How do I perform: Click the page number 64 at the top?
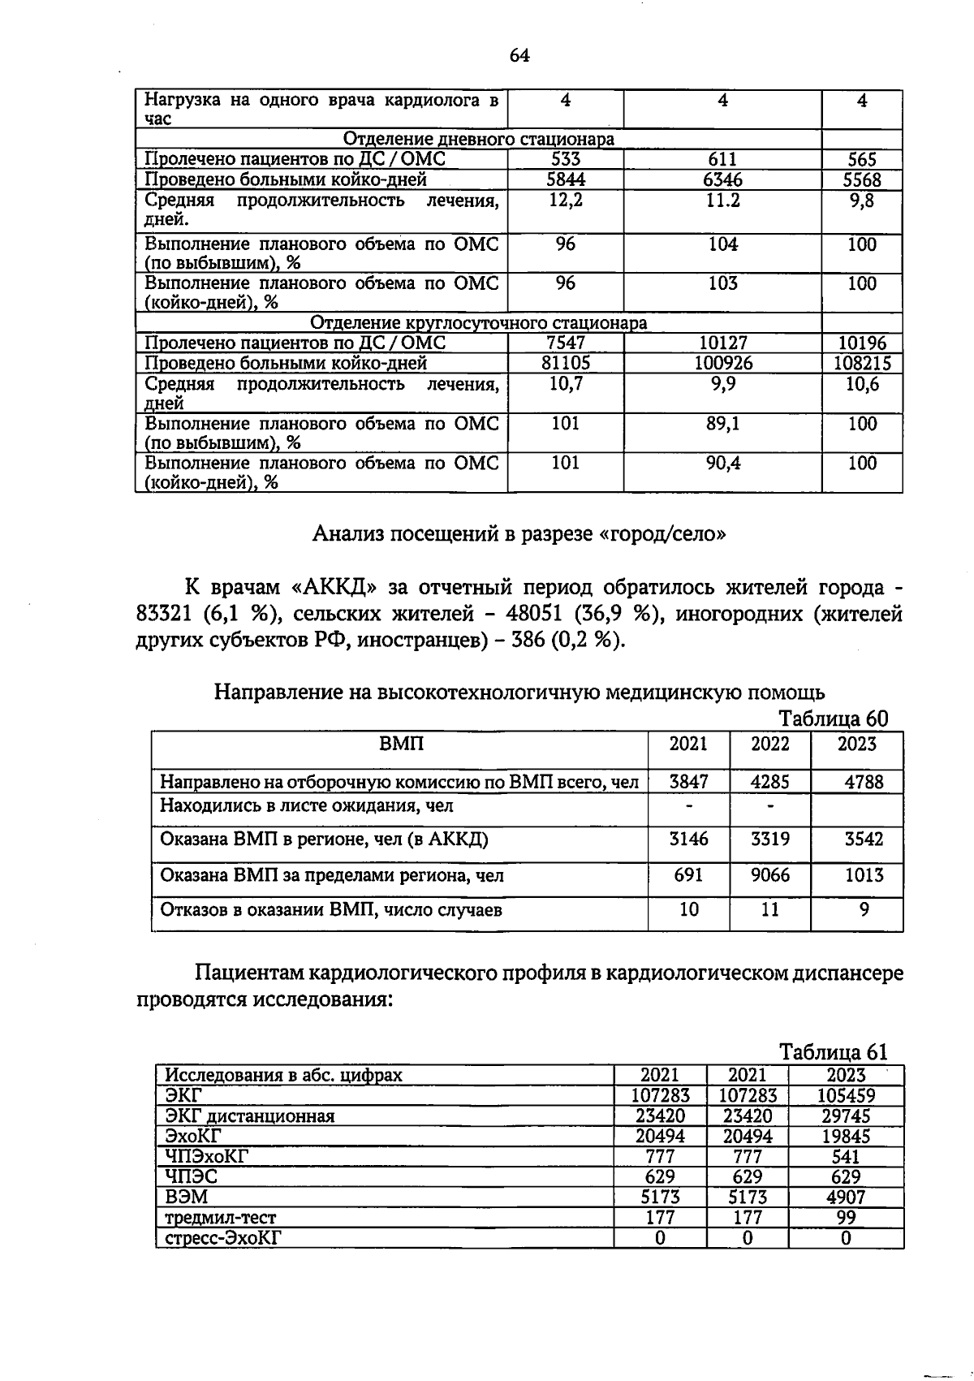point(519,55)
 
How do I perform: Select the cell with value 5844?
point(566,180)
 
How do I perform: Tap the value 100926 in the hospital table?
point(722,364)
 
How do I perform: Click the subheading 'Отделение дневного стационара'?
point(479,140)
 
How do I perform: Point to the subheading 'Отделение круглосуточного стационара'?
point(479,323)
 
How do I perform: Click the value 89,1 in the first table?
point(722,424)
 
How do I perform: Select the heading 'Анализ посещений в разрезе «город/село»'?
point(519,534)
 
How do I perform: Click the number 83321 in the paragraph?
point(168,615)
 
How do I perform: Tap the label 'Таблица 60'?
point(834,719)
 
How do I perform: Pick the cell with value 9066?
point(769,875)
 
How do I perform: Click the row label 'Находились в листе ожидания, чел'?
point(307,806)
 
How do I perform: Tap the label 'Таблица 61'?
point(834,1052)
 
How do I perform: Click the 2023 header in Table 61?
point(846,1076)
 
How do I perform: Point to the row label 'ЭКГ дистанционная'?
point(250,1116)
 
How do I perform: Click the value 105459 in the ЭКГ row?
point(846,1096)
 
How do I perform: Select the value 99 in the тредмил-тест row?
point(846,1218)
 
